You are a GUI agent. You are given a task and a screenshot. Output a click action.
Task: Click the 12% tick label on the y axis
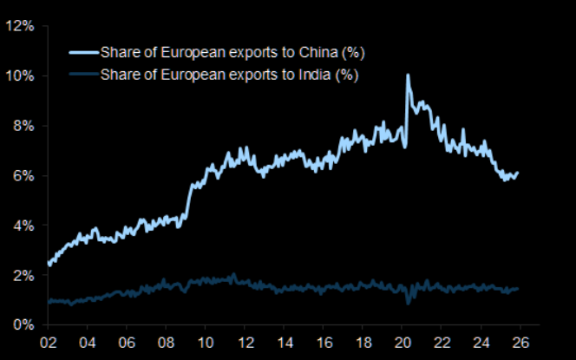point(19,26)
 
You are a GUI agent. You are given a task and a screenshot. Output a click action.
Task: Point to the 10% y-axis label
point(19,76)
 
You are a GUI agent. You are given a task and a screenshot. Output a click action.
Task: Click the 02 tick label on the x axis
point(48,341)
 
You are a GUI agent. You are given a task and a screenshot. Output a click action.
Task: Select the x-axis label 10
point(206,341)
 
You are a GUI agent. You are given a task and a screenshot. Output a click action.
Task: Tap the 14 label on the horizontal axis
point(285,341)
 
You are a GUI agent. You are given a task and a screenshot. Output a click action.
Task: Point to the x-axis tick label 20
point(403,341)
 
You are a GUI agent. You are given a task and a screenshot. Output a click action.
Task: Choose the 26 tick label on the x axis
point(521,341)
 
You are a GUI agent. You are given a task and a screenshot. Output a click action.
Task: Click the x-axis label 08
point(166,341)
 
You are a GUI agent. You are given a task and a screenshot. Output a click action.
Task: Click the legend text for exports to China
point(230,53)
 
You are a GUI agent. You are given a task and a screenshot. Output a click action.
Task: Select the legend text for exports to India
point(229,75)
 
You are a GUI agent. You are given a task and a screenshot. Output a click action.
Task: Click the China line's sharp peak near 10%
point(408,76)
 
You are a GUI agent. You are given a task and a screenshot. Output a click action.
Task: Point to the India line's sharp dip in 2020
point(409,302)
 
